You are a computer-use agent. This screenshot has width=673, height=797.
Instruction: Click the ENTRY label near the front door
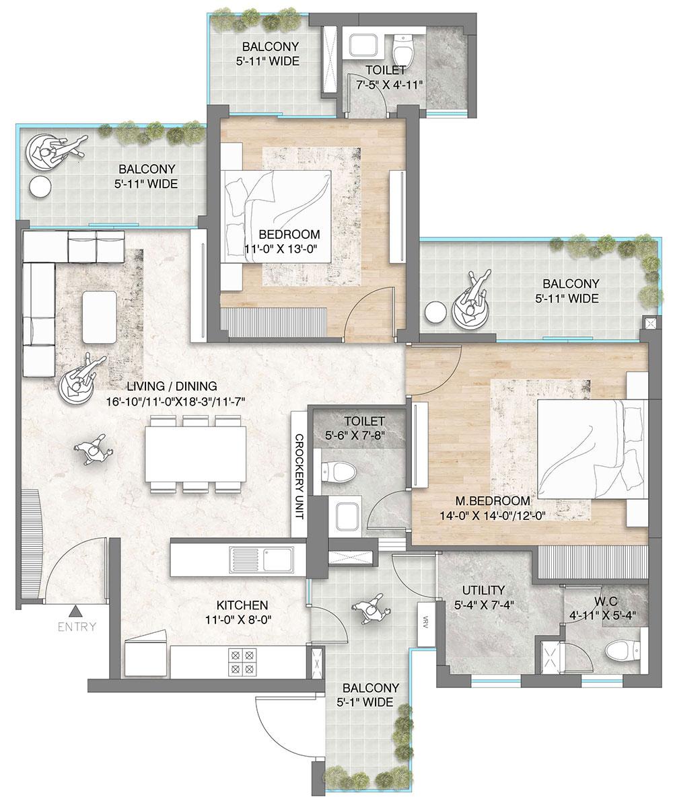tap(77, 627)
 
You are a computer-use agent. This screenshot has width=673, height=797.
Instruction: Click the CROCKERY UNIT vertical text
tap(299, 476)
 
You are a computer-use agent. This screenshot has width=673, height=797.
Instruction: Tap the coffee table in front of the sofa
tap(100, 313)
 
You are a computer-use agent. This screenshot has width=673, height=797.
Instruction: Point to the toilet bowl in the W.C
tap(618, 651)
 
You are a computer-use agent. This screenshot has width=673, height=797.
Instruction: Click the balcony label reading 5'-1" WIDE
tap(370, 695)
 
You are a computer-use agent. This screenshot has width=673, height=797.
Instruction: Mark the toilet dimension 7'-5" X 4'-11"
tap(386, 85)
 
